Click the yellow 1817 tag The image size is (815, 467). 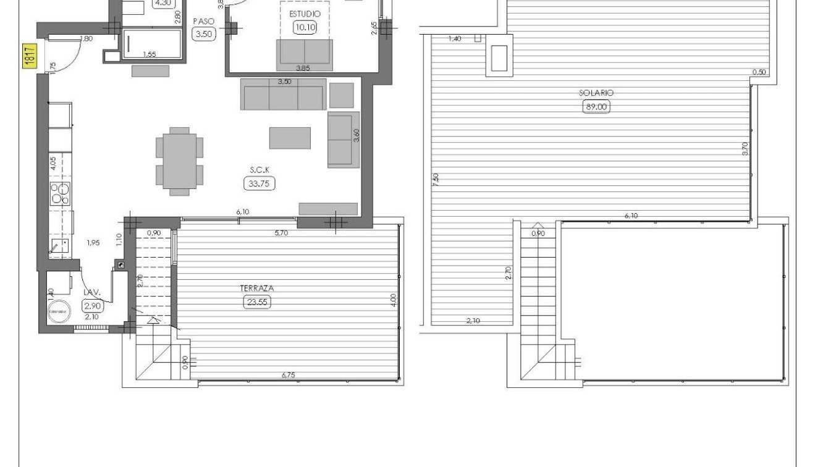[28, 57]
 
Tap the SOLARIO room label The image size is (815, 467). [596, 93]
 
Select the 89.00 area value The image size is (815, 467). [596, 106]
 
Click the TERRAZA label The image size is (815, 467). [257, 288]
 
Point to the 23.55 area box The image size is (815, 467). [257, 302]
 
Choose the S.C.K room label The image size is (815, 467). [259, 169]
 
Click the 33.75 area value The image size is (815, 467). [259, 183]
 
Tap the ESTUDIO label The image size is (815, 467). [305, 13]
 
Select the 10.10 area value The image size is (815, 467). [305, 27]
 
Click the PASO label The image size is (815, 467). [204, 21]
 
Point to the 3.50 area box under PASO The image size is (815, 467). [204, 34]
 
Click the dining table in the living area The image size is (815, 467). [179, 161]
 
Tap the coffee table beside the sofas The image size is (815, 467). [290, 138]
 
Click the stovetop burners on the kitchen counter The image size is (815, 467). [60, 193]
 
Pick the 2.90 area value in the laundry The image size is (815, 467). [92, 305]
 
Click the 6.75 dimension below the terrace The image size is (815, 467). [288, 374]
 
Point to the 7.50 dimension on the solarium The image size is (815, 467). [436, 180]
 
